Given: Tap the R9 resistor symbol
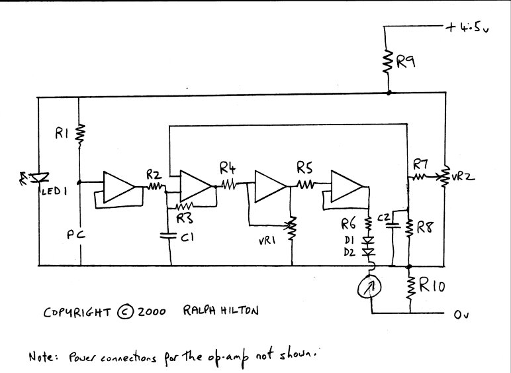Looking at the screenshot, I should pyautogui.click(x=388, y=63).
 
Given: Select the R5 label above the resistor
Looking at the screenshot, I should pyautogui.click(x=304, y=169).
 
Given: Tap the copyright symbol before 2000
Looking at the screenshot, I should pyautogui.click(x=126, y=310).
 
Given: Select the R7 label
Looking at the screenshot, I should pyautogui.click(x=420, y=164).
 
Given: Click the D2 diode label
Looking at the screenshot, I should pyautogui.click(x=349, y=252).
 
